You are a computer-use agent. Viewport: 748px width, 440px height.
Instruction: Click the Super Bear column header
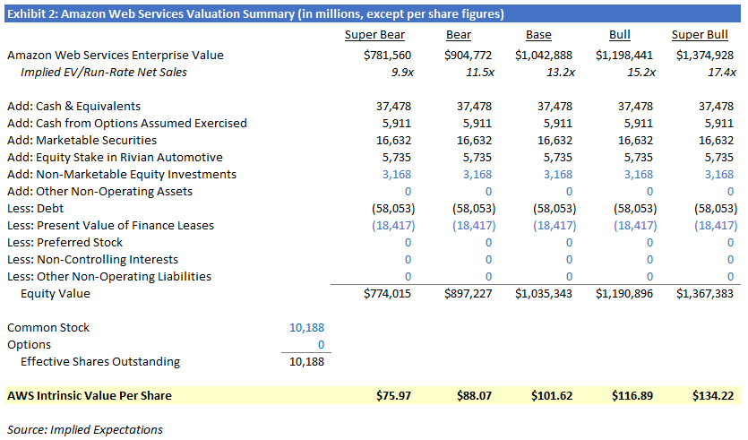[x=374, y=35]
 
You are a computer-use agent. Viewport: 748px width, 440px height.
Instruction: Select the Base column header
[x=538, y=35]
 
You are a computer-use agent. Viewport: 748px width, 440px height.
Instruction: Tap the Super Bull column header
[x=700, y=35]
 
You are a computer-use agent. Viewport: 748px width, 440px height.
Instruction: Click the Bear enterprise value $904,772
[x=468, y=55]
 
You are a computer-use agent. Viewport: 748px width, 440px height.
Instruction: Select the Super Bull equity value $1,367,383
[x=706, y=293]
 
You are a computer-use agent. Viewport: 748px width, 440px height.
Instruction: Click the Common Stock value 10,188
[x=306, y=327]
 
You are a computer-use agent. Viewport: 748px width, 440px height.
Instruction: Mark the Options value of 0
[x=320, y=344]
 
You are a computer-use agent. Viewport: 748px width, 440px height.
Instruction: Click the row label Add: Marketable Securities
[x=82, y=140]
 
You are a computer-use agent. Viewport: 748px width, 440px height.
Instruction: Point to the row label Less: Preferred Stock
[x=64, y=242]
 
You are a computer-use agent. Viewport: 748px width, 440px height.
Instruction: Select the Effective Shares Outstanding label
[x=100, y=361]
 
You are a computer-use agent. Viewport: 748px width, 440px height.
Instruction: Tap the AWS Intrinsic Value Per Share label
[x=89, y=395]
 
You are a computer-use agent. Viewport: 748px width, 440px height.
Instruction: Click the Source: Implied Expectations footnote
[x=84, y=429]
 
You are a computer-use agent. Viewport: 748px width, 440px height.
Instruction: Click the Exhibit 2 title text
[x=255, y=13]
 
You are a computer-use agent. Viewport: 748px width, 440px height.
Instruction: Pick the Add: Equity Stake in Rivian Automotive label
[x=115, y=157]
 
